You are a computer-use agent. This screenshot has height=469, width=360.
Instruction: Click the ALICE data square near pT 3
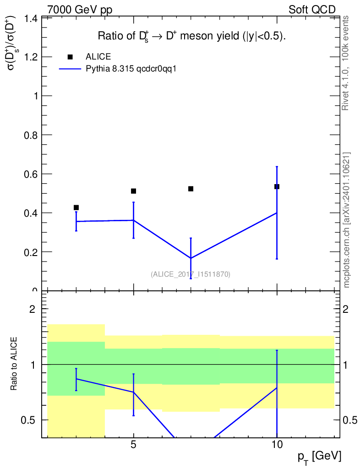pos(76,207)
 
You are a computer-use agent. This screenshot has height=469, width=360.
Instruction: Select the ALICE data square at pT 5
pos(134,191)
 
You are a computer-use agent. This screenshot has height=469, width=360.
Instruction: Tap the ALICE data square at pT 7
pos(191,189)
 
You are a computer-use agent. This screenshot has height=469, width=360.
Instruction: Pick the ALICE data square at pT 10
pos(277,187)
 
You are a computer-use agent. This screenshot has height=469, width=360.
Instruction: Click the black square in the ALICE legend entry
pos(70,57)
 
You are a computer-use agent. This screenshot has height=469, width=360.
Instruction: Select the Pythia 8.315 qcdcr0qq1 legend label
pos(131,69)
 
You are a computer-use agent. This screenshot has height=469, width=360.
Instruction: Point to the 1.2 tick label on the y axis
pos(31,57)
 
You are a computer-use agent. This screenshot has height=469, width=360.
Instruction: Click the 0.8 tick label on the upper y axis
pos(31,135)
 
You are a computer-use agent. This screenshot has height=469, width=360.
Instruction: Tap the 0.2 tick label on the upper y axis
pos(31,252)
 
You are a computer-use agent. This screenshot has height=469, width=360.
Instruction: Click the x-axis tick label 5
pos(134,445)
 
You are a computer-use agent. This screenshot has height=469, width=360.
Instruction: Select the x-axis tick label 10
pos(277,445)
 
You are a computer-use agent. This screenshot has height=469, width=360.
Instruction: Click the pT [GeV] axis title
pos(319,457)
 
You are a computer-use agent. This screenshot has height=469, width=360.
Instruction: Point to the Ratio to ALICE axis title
pos(14,364)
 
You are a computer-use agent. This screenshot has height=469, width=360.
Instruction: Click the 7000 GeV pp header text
pos(80,10)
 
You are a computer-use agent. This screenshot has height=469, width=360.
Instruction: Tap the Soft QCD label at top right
pos(312,10)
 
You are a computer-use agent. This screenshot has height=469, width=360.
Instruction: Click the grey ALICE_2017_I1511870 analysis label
pos(191,274)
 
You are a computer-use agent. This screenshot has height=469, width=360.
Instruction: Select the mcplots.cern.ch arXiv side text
pos(346,220)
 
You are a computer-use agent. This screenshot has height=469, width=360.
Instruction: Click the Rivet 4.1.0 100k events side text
pos(345,63)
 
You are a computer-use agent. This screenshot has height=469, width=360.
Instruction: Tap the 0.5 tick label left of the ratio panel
pos(28,420)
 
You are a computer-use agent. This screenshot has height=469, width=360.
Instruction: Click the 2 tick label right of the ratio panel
pos(346,309)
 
